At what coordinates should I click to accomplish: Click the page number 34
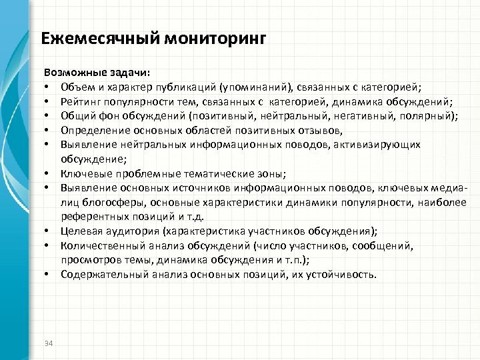click(47, 343)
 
